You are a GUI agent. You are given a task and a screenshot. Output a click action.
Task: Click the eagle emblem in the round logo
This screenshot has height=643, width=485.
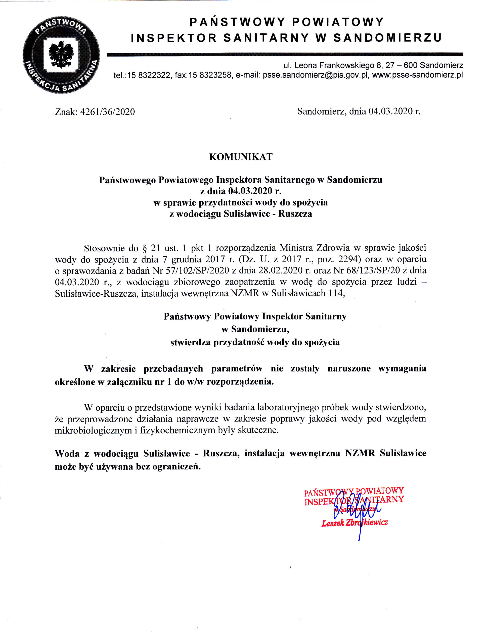pyautogui.click(x=61, y=54)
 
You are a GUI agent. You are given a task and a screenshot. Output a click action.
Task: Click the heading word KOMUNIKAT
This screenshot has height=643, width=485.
pyautogui.click(x=241, y=157)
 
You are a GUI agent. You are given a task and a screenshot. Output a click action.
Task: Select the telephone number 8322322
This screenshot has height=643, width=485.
pyautogui.click(x=154, y=75)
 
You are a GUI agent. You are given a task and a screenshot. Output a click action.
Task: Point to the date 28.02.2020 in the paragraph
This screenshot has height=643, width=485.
pyautogui.click(x=281, y=271)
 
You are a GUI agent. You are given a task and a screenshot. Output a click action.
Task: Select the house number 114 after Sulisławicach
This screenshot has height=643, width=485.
pyautogui.click(x=337, y=293)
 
